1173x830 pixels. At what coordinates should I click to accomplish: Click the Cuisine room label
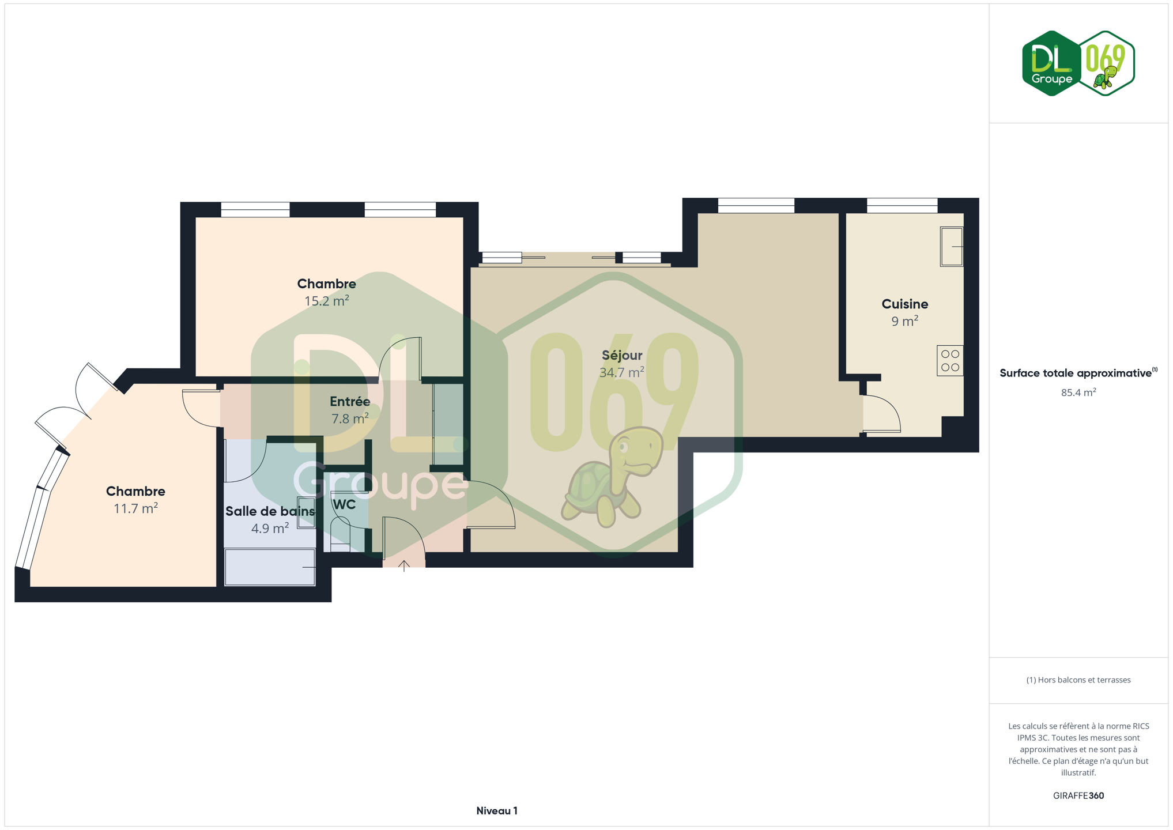[x=904, y=304]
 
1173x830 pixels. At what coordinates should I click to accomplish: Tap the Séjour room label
[x=622, y=356]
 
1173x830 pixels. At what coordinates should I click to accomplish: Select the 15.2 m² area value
[x=326, y=300]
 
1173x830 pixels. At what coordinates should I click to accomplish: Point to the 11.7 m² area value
[x=135, y=508]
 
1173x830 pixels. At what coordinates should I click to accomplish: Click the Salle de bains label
[x=270, y=511]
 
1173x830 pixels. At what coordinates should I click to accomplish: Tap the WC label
[x=344, y=505]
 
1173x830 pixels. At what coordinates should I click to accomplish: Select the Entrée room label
[x=350, y=402]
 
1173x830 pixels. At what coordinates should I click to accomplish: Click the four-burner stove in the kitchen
[x=950, y=361]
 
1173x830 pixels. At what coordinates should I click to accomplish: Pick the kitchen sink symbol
[x=951, y=247]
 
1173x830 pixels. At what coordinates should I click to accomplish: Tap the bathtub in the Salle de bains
[x=270, y=567]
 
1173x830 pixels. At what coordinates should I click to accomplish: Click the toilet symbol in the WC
[x=340, y=534]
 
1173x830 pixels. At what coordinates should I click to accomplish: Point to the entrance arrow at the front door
[x=404, y=566]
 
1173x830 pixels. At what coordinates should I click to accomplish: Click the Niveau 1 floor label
[x=497, y=811]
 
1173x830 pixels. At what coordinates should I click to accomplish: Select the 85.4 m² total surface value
[x=1078, y=393]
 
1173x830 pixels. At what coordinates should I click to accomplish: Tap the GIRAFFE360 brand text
[x=1078, y=795]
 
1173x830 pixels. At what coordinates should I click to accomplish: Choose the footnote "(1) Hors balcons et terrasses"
[x=1078, y=680]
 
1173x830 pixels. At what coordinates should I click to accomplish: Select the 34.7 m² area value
[x=622, y=372]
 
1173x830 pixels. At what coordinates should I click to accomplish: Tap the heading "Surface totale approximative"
[x=1076, y=373]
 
